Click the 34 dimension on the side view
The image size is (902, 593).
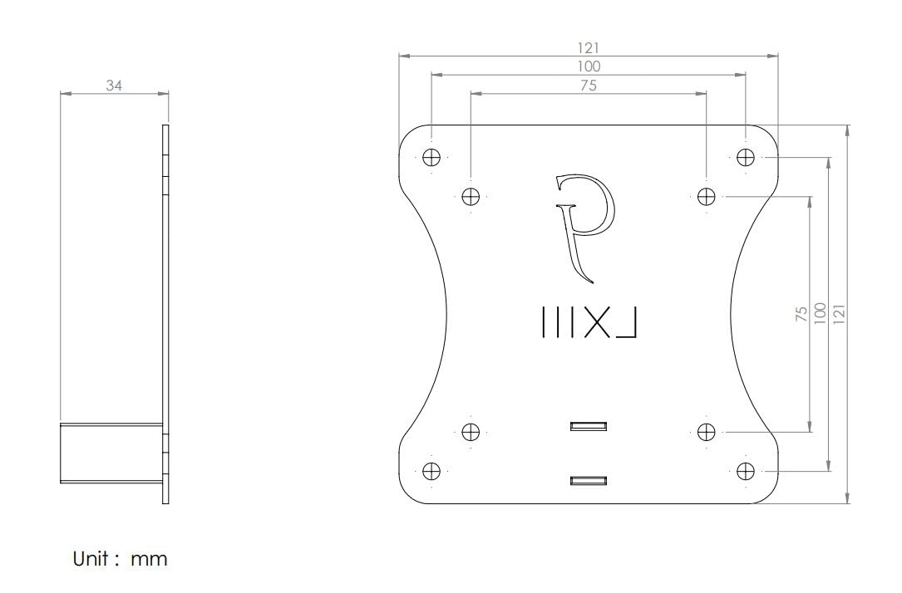click(x=114, y=85)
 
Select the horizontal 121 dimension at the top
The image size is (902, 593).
click(x=588, y=48)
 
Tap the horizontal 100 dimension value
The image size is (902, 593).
click(x=588, y=66)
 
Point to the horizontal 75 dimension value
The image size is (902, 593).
click(x=588, y=86)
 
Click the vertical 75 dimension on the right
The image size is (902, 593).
click(x=801, y=314)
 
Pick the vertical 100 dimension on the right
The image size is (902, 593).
click(x=821, y=314)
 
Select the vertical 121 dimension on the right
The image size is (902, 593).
click(x=840, y=314)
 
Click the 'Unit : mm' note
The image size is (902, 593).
click(x=121, y=559)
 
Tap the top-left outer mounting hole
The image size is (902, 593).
click(x=431, y=157)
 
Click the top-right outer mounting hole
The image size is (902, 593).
click(x=746, y=157)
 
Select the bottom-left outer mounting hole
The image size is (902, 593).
click(x=431, y=471)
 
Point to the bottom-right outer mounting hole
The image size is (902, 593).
click(x=746, y=471)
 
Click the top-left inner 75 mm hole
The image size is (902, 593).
click(x=471, y=197)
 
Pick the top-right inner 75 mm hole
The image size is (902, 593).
click(x=706, y=197)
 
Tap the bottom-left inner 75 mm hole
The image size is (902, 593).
click(x=471, y=432)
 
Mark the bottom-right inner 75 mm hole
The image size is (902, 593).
click(x=706, y=432)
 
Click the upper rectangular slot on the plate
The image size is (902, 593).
click(x=589, y=427)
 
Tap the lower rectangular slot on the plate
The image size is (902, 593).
click(x=589, y=481)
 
